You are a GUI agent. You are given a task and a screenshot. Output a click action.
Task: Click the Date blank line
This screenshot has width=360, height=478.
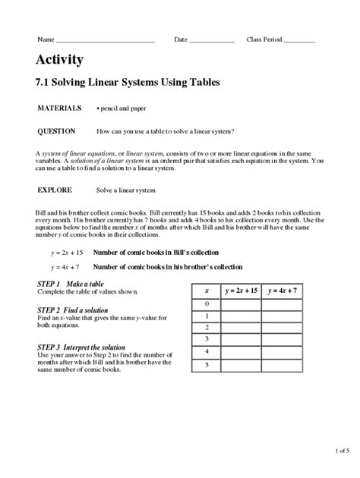point(212,40)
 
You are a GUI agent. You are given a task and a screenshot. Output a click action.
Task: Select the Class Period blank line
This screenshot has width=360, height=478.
point(299,40)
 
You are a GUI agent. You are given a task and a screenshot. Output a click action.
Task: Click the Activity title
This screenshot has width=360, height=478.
point(59,61)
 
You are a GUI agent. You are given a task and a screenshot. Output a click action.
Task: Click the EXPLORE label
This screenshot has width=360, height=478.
point(55,189)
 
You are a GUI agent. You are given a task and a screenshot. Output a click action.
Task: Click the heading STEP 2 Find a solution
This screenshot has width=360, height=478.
point(73,310)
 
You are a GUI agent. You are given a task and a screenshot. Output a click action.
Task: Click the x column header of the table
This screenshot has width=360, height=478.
point(206,290)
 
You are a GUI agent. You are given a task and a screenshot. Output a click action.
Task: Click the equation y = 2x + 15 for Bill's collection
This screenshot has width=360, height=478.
point(65,252)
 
